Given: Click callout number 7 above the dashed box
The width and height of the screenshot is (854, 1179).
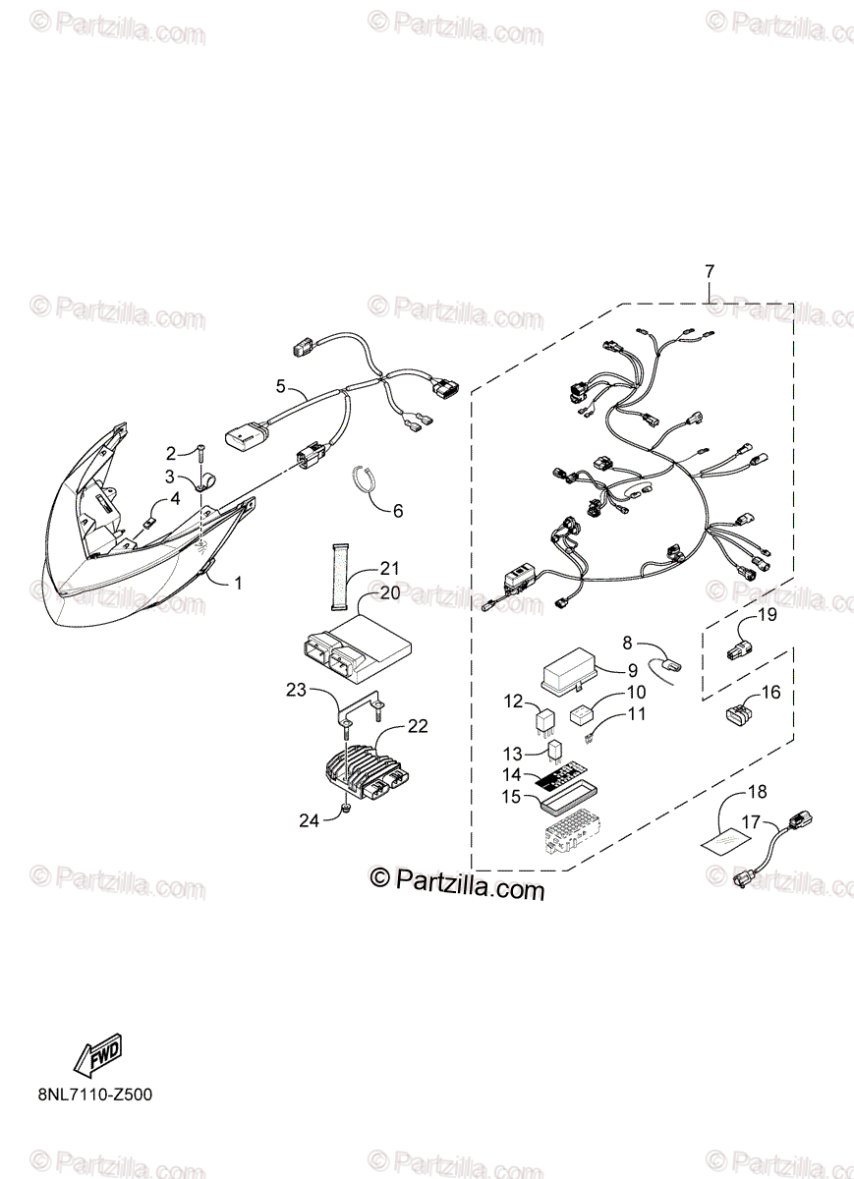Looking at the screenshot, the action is pyautogui.click(x=710, y=271).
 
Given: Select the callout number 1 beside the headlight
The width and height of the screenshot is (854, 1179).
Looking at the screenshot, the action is pyautogui.click(x=237, y=582).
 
